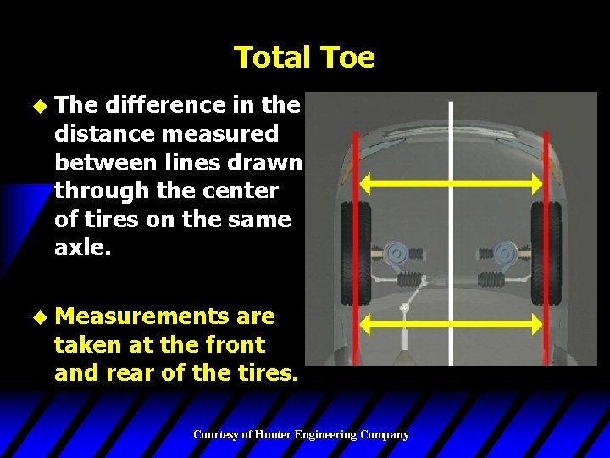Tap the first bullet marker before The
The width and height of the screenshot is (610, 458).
[35, 106]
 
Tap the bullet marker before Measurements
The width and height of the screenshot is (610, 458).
[35, 317]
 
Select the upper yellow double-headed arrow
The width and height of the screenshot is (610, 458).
[452, 182]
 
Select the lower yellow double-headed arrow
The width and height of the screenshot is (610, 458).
[452, 323]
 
